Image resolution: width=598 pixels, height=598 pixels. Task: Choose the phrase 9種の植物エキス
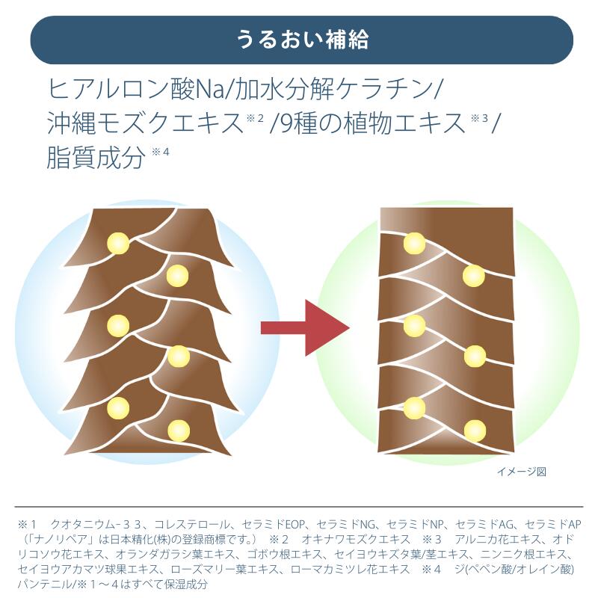tap(371, 124)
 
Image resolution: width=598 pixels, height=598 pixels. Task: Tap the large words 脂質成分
tap(94, 157)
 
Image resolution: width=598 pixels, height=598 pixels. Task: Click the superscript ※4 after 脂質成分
tap(161, 152)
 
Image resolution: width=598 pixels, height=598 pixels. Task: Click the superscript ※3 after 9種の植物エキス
tap(479, 118)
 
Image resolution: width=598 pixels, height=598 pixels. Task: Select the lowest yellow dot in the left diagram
tap(179, 431)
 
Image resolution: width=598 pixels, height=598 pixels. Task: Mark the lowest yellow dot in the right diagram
tap(475, 431)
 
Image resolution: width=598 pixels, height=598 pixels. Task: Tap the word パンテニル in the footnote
tap(46, 585)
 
